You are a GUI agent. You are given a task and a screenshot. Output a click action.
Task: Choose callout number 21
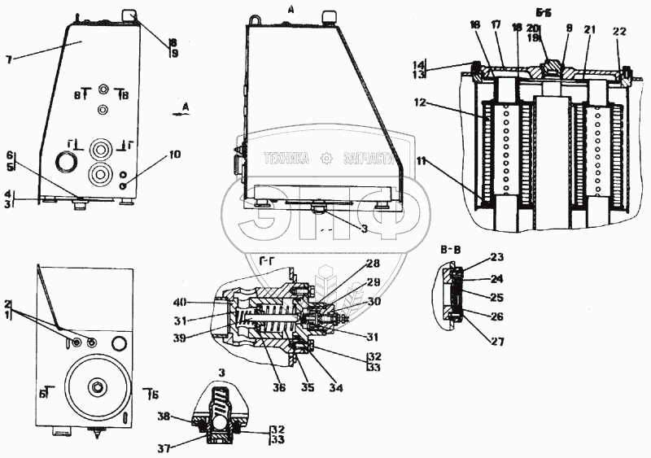(x=589, y=30)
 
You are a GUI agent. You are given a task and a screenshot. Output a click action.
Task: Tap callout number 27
(x=497, y=331)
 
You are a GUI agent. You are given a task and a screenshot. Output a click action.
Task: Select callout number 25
(x=497, y=298)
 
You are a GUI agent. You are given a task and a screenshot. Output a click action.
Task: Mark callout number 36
(x=279, y=388)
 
